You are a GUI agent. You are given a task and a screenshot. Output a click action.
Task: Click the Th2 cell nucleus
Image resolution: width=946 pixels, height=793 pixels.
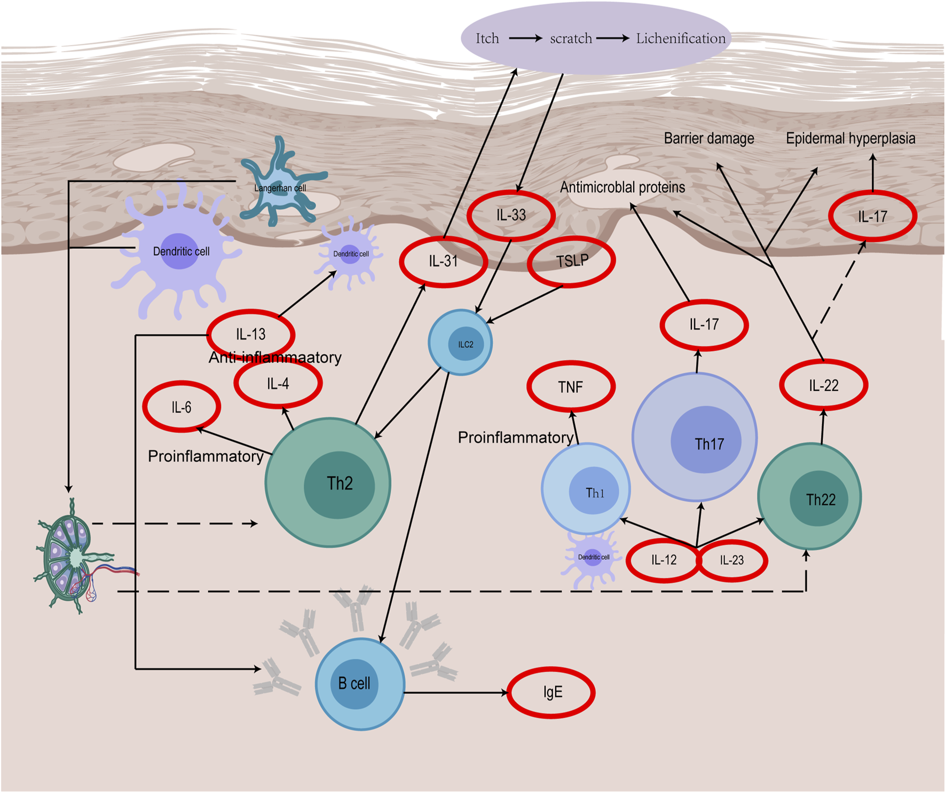point(340,484)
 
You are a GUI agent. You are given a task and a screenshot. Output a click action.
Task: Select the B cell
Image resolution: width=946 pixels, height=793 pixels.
point(359,684)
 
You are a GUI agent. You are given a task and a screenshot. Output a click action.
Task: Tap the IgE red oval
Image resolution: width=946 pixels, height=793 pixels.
point(551,692)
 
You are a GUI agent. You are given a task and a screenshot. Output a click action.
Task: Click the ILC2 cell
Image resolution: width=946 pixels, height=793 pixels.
point(460,343)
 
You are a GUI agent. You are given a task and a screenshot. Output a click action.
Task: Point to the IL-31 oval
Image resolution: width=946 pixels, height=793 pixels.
point(443,261)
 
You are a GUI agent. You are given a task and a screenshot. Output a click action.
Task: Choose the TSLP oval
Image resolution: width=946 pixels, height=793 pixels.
point(571,261)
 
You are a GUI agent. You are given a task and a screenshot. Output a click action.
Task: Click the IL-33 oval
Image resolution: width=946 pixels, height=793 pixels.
point(511,215)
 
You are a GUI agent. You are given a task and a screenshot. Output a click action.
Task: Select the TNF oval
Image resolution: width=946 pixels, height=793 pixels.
point(571,387)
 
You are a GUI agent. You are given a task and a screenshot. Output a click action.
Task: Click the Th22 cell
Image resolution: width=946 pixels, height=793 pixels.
point(809,496)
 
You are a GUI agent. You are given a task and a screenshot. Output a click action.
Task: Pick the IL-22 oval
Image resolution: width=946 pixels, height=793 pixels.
point(823,385)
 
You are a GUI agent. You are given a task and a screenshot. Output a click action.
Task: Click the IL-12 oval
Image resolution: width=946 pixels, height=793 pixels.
point(663,560)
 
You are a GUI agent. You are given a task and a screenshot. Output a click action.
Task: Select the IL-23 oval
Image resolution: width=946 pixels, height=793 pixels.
point(732,560)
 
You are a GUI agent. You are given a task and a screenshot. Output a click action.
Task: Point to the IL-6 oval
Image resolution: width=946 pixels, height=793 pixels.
point(182,407)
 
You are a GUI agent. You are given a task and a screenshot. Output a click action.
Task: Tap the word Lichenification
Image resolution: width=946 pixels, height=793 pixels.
point(680,38)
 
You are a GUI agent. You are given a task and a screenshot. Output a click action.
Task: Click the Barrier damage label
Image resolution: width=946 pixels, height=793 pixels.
point(708,139)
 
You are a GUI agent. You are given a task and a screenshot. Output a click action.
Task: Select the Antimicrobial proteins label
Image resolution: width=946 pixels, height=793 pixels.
point(622,187)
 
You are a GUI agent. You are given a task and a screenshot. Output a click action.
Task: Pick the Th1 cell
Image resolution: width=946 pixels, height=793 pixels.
point(586,488)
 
